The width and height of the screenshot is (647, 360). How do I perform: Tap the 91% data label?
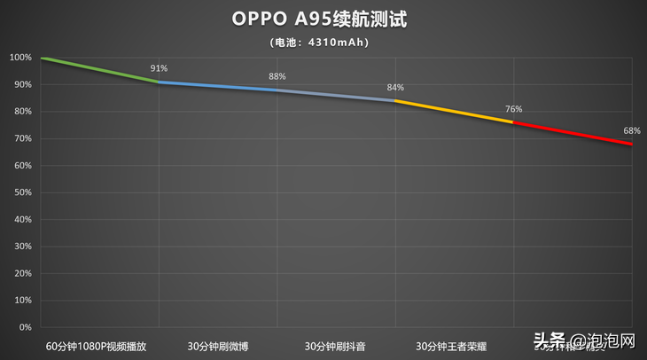click(160, 68)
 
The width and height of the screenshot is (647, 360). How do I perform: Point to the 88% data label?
click(277, 76)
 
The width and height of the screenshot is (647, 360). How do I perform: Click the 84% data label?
click(395, 87)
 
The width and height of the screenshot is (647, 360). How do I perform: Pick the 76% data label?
click(513, 109)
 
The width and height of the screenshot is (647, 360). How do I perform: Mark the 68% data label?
click(632, 130)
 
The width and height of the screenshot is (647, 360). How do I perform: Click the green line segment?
click(99, 70)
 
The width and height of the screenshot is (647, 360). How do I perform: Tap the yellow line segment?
click(454, 111)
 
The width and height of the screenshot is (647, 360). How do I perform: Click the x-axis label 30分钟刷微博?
click(218, 345)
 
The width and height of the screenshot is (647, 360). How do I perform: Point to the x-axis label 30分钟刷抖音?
click(336, 345)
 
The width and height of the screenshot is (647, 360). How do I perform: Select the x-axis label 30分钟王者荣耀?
click(454, 345)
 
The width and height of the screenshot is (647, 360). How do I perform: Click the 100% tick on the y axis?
click(20, 58)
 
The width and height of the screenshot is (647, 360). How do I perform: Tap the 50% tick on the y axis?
click(22, 192)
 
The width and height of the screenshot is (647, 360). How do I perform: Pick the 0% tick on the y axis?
click(25, 327)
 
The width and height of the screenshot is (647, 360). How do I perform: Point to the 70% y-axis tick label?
click(22, 138)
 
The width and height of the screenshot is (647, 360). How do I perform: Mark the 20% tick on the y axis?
click(22, 273)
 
